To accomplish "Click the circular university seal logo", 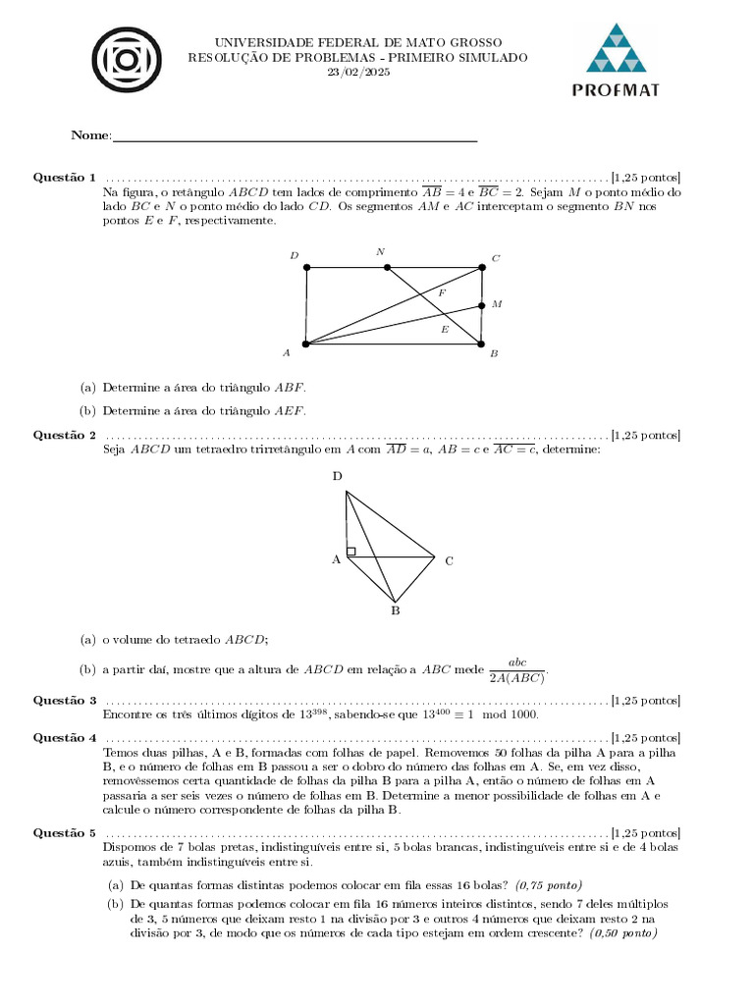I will tap(126, 60).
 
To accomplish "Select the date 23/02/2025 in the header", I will tap(357, 73).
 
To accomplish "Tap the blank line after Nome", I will tap(295, 136).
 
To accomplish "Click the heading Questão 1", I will tap(65, 178).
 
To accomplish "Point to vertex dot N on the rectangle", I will tap(387, 267).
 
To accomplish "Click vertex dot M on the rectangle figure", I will tap(481, 305).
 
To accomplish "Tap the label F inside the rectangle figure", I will tap(442, 293).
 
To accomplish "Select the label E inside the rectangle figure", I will tap(445, 330).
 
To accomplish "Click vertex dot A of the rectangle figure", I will tap(306, 344).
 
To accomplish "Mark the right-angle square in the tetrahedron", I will tap(350, 552).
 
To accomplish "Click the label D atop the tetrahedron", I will tap(338, 476).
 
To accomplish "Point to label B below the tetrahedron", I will tap(396, 611).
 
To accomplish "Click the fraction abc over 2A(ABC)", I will tap(516, 669).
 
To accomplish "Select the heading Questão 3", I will tap(65, 701).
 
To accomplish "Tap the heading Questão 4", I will tap(65, 737).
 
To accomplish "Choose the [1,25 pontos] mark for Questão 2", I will tap(645, 435).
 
